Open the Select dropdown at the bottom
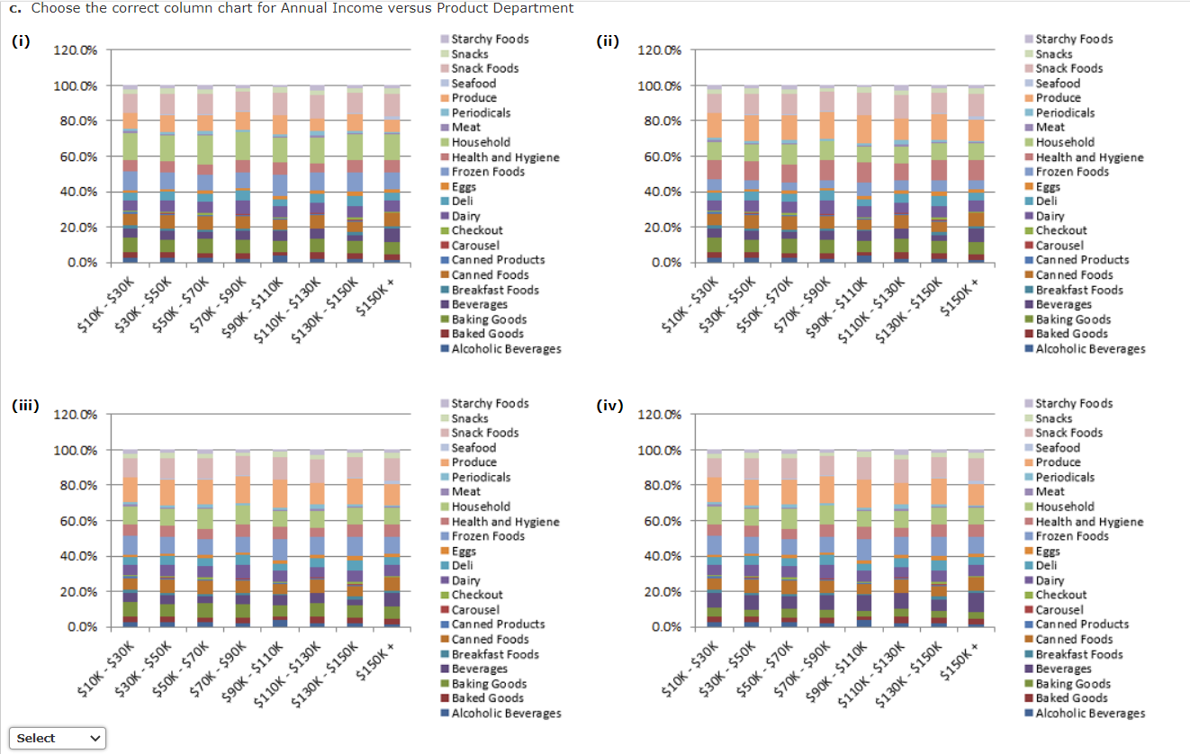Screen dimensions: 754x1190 pos(57,738)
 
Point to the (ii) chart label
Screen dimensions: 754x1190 pos(608,41)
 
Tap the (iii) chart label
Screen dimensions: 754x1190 pos(24,406)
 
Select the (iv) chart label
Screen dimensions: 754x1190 pos(609,406)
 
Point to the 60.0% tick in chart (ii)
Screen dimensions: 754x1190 pos(659,157)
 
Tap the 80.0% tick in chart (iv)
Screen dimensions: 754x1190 pos(659,486)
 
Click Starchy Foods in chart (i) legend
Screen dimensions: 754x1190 pos(490,39)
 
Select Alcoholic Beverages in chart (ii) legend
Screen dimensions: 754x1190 pos(1090,348)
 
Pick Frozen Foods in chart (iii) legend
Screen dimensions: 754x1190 pos(488,536)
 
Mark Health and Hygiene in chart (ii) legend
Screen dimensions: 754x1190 pos(1089,157)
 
